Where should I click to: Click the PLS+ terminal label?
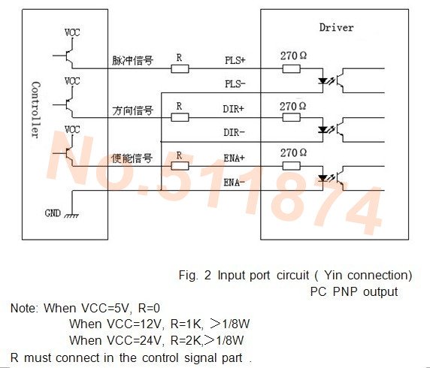[235, 60]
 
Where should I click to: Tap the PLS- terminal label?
[235, 84]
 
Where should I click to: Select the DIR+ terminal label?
[233, 109]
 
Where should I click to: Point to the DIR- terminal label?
[234, 133]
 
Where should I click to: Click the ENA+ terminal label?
[234, 158]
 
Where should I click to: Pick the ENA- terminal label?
[234, 182]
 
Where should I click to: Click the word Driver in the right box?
[337, 27]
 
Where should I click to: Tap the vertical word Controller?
[35, 110]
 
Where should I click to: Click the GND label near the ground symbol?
[53, 213]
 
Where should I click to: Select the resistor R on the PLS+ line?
[180, 68]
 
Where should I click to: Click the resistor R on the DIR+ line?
[180, 117]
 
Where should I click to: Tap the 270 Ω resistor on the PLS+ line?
[291, 68]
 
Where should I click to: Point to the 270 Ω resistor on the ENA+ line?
[291, 166]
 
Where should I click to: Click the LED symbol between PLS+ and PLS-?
[322, 81]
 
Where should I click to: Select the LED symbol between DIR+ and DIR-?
[322, 130]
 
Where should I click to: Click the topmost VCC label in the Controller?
[72, 32]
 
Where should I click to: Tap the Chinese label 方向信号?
[133, 110]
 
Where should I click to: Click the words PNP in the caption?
[345, 291]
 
